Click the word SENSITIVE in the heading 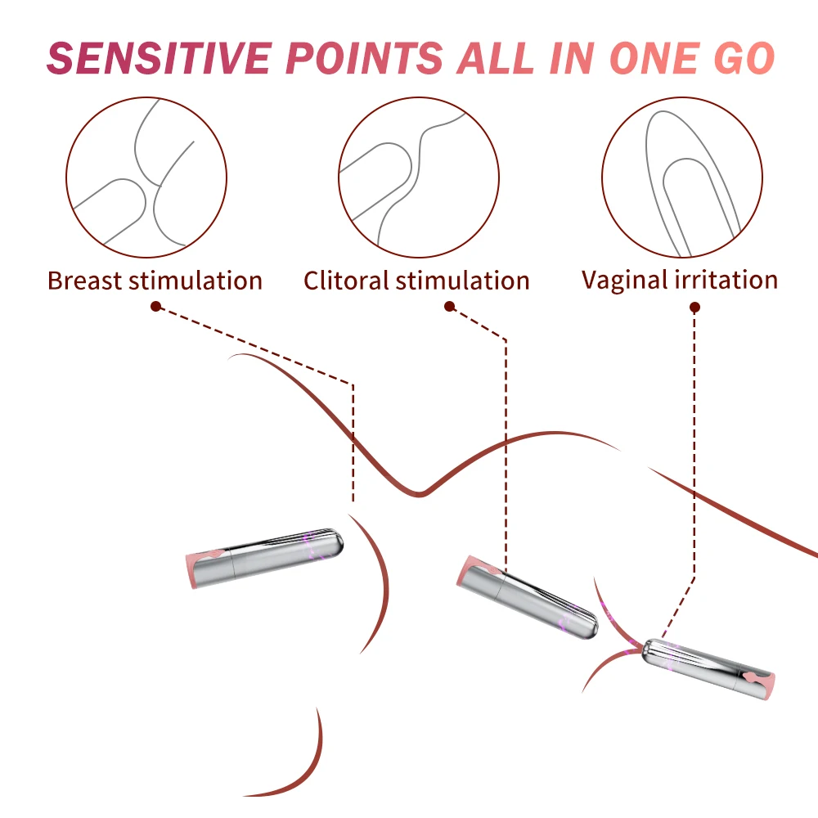(160, 58)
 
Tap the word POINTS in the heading (365, 58)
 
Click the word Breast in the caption (84, 281)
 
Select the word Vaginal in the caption (626, 281)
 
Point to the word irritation (726, 280)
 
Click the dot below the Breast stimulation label (155, 306)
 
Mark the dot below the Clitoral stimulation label (450, 306)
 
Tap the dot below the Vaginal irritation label (694, 308)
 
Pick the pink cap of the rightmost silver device (762, 684)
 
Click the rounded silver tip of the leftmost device (334, 542)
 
